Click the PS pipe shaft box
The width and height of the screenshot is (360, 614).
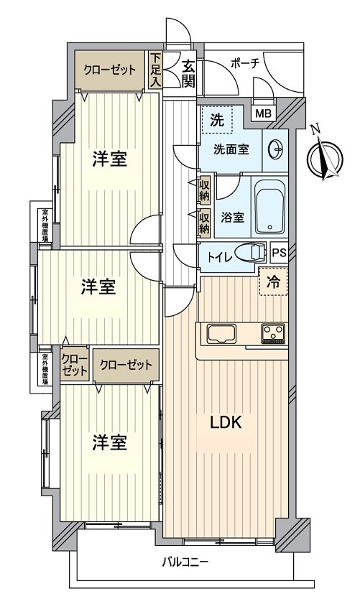pos(280,252)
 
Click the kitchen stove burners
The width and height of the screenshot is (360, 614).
pos(273,332)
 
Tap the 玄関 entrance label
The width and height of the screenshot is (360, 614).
pos(188,71)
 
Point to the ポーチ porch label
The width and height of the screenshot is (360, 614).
pos(244,62)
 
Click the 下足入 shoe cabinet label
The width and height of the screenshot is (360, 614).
pos(156,71)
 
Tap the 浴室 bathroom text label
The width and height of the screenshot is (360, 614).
pos(231,215)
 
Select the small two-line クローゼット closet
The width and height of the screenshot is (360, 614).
pos(74,365)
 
